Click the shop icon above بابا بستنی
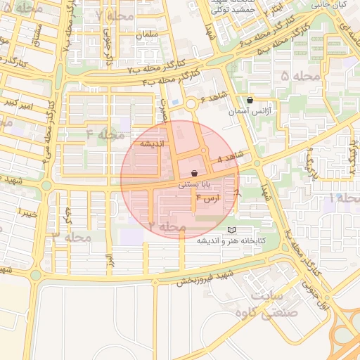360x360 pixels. (194, 173)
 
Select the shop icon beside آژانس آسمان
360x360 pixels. (250, 101)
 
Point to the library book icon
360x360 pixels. (232, 230)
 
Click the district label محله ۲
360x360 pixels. (167, 226)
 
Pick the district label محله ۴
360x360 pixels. (105, 134)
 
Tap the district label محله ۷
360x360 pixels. (115, 15)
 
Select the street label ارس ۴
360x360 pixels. (208, 198)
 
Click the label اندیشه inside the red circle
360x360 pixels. (153, 143)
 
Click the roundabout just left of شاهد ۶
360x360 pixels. (190, 105)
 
